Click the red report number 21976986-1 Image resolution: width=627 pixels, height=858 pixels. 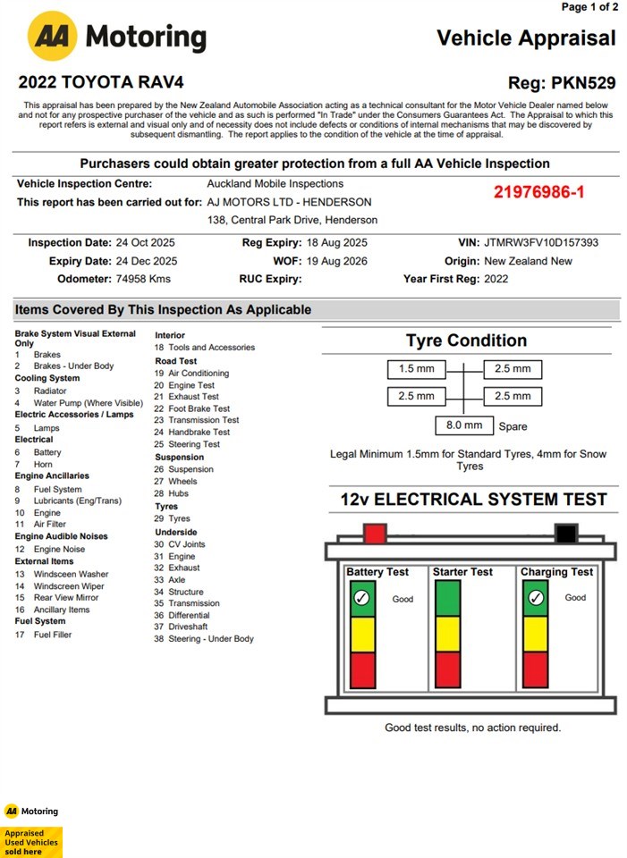(538, 192)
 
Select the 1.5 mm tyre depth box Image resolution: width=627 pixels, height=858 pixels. (417, 368)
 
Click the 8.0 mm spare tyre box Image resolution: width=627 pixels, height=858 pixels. (463, 425)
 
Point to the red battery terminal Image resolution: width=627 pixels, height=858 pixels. (375, 534)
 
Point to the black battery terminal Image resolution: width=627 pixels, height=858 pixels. (565, 534)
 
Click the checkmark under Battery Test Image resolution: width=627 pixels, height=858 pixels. (361, 598)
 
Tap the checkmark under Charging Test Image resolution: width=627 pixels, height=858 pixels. (535, 598)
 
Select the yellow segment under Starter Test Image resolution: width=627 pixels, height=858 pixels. (448, 634)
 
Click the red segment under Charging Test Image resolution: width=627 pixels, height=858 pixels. (535, 669)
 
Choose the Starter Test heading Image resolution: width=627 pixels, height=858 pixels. (462, 572)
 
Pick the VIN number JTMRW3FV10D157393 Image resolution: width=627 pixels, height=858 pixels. (541, 243)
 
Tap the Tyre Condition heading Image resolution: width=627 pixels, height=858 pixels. (466, 341)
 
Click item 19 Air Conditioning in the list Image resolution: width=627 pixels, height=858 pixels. (198, 373)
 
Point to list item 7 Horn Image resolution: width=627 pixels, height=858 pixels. (42, 464)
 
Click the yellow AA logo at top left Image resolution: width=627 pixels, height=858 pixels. (52, 36)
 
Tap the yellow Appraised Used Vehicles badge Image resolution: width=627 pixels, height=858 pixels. (31, 841)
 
